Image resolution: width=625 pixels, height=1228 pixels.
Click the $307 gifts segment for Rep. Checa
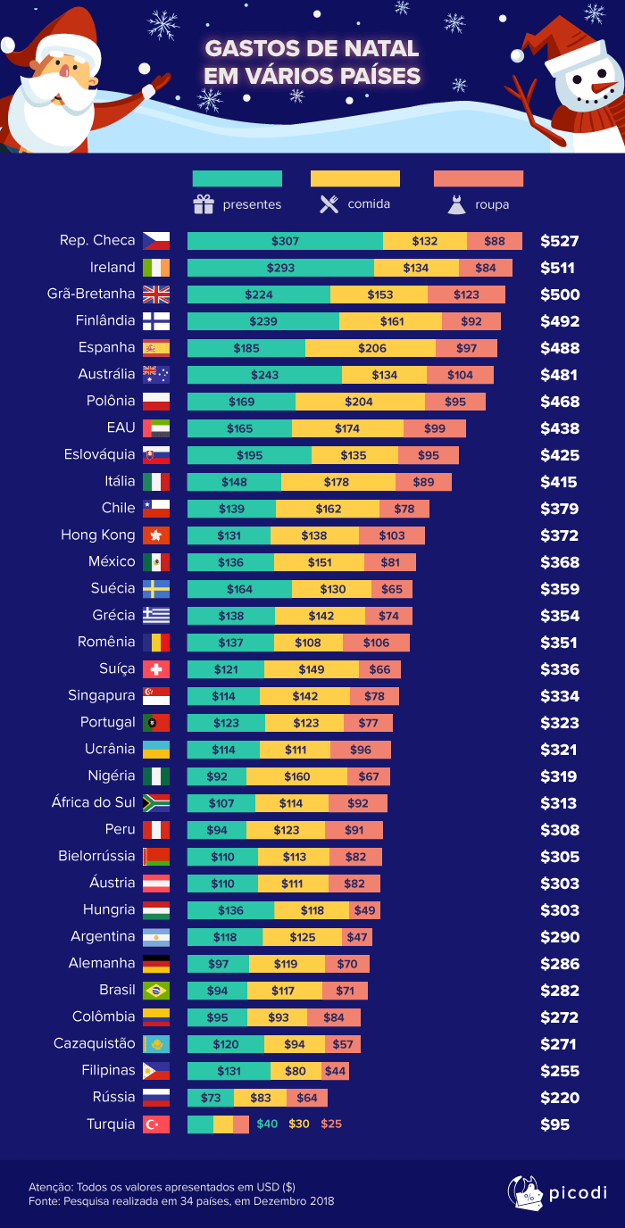click(285, 241)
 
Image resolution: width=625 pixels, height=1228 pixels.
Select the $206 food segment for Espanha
click(371, 348)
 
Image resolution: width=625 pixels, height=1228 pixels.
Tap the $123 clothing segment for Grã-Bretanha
click(466, 295)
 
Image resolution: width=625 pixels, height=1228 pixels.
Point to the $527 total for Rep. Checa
click(560, 241)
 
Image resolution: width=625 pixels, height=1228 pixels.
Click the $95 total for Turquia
click(554, 1124)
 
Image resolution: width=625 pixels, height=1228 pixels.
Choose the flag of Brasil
click(155, 991)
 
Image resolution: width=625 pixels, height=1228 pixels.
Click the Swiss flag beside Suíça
click(155, 669)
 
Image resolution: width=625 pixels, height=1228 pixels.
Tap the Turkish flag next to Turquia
click(155, 1124)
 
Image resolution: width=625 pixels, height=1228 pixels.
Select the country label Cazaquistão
click(95, 1043)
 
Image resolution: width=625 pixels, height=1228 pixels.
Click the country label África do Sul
click(94, 802)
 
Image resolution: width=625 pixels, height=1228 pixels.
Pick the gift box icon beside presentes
click(204, 204)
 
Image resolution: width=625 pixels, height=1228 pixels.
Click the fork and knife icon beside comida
click(329, 204)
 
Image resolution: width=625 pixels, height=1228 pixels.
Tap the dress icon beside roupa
click(456, 205)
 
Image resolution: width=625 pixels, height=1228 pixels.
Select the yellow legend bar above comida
click(354, 178)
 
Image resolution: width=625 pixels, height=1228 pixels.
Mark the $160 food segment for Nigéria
click(296, 776)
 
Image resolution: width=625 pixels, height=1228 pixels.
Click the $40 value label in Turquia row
click(267, 1124)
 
